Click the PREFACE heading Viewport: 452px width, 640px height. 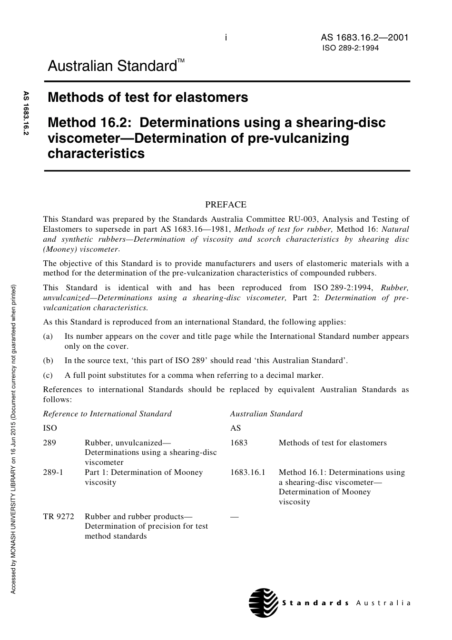pos(226,205)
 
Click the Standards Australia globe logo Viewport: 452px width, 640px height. pos(263,602)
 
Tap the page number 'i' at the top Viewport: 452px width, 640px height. pos(226,38)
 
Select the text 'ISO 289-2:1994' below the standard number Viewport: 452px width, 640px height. pos(351,48)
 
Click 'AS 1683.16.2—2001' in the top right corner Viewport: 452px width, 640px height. pos(364,38)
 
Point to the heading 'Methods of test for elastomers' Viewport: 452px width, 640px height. pos(148,98)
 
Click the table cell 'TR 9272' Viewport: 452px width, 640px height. pos(59,516)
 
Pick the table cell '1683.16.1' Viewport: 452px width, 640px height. pos(247,473)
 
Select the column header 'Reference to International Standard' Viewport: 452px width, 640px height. pos(107,414)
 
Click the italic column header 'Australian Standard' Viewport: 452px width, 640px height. pos(266,414)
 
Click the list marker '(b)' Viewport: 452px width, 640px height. pos(48,360)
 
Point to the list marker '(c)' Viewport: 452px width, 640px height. pos(48,375)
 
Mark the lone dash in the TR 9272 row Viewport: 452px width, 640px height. pos(234,517)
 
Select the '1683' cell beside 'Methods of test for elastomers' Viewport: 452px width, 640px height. pos(239,443)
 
